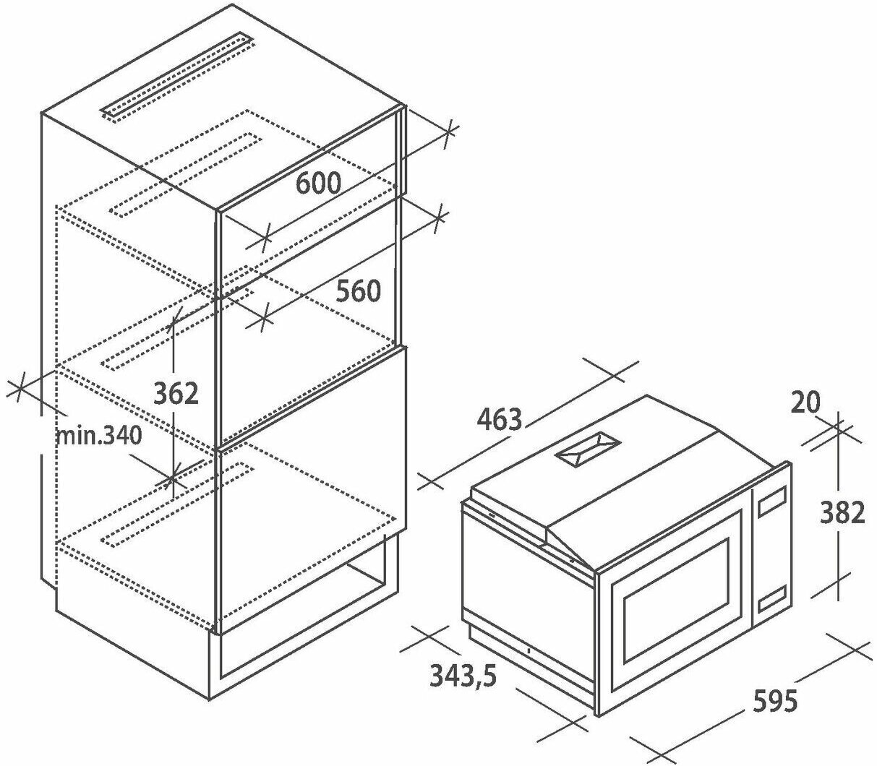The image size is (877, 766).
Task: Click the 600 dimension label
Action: point(318,183)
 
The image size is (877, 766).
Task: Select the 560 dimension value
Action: point(357,291)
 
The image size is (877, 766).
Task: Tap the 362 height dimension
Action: point(176,393)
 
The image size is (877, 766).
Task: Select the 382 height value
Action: point(842,512)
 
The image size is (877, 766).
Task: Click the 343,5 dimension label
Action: point(463,676)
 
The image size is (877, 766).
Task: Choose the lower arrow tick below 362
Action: point(173,476)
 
